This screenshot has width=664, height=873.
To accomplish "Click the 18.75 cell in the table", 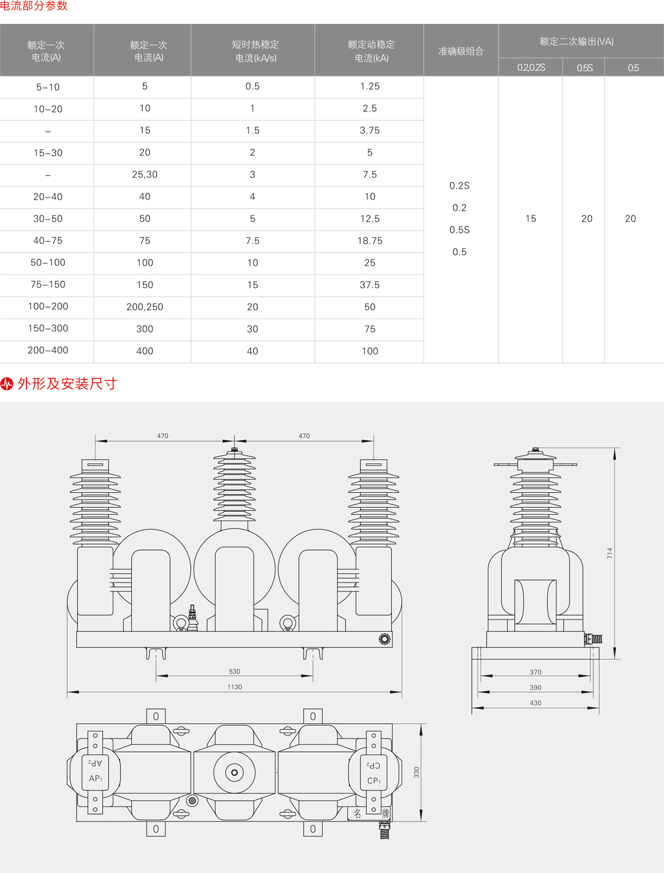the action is [x=370, y=241].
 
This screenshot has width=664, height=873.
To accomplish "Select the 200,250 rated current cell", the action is [x=145, y=306].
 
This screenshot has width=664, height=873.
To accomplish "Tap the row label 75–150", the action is [x=48, y=284].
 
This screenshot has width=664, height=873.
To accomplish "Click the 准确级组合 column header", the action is [x=461, y=51].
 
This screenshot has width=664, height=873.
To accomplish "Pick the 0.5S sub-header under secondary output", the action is [x=584, y=68].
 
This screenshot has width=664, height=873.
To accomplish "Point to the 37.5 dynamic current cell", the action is [x=370, y=285].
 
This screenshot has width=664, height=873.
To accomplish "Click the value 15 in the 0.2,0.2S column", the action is [x=531, y=219].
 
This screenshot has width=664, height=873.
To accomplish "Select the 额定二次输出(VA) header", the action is [x=577, y=41].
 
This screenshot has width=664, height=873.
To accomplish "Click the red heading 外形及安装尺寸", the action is [x=67, y=384].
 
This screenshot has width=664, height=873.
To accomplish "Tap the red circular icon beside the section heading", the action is [x=7, y=384].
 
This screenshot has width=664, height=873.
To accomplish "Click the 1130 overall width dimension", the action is [x=235, y=687].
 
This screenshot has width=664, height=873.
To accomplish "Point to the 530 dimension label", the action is [x=235, y=672].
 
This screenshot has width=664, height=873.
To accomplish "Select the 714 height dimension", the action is [x=610, y=553].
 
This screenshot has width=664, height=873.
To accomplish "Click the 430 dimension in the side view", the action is [x=536, y=703].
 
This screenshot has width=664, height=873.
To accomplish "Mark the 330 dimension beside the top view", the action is [x=416, y=772].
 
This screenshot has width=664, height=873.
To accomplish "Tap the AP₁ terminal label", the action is [x=95, y=778].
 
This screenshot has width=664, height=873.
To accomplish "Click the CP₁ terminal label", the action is [x=373, y=781].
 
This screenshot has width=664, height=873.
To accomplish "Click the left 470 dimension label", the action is [x=163, y=436].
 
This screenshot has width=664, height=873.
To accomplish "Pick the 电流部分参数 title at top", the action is [x=34, y=6].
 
